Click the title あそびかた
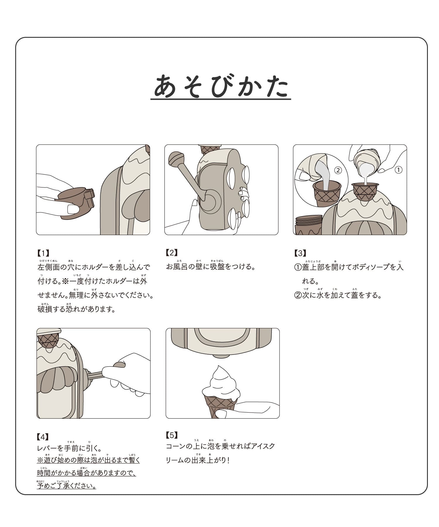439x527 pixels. (221, 85)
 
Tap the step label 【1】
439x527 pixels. (43, 253)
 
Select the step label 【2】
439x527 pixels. (172, 252)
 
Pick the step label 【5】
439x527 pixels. (172, 435)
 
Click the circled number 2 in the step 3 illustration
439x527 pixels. (338, 170)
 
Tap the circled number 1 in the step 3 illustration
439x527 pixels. (399, 170)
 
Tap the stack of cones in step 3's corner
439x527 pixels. (308, 225)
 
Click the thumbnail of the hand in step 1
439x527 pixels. (72, 209)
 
